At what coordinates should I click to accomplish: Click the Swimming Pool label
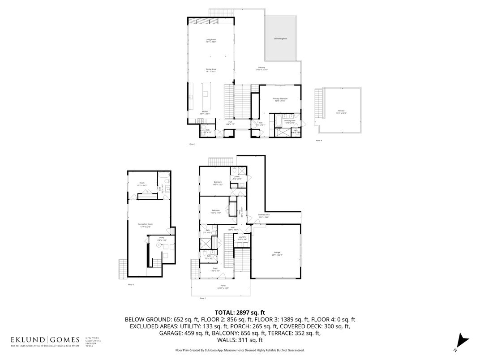[280, 39]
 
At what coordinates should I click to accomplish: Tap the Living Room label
[211, 41]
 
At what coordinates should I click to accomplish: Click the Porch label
[223, 287]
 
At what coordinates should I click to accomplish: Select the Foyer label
[215, 270]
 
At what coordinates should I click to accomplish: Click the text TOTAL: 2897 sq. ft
[240, 312]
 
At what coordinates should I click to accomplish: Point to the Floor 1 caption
[131, 285]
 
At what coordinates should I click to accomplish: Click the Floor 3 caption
[192, 144]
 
